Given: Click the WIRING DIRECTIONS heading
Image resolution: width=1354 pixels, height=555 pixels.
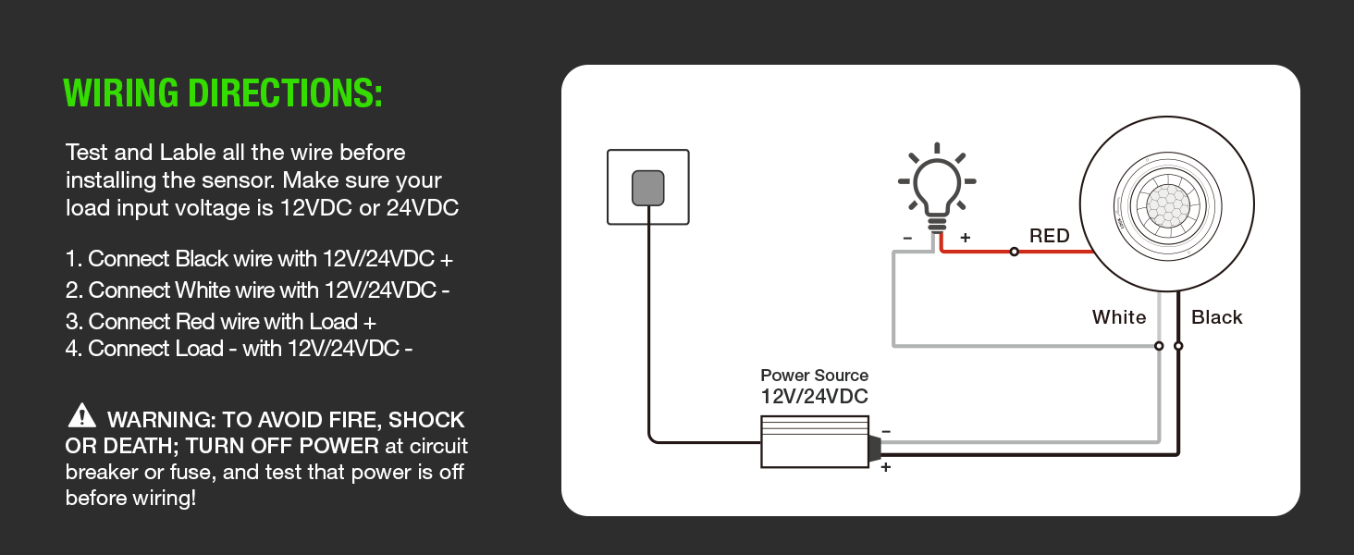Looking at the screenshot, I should tap(222, 93).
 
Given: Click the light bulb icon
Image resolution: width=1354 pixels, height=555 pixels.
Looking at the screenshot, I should tap(936, 186).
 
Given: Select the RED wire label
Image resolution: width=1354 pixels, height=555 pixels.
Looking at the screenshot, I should tap(1049, 236).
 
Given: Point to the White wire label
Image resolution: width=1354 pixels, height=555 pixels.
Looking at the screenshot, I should tap(1118, 317).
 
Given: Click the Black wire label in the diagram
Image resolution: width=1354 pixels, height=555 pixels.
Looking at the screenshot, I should tap(1216, 317).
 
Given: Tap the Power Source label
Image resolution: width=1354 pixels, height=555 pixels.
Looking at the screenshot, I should tap(814, 376).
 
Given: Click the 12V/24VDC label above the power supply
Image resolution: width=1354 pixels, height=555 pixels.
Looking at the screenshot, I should tap(814, 397).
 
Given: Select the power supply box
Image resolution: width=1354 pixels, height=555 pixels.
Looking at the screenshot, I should tap(814, 441).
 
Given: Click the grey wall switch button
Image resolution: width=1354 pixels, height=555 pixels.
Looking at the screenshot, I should tap(648, 188).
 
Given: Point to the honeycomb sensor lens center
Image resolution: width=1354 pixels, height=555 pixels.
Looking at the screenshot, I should tap(1167, 203).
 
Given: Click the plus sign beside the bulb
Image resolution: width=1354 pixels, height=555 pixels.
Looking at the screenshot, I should tap(965, 238).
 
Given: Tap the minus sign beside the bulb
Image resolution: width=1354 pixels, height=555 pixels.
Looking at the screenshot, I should tap(907, 238).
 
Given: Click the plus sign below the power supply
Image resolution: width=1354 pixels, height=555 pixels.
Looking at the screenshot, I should tap(885, 468).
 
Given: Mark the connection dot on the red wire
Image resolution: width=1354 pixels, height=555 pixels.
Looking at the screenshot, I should tap(1014, 252).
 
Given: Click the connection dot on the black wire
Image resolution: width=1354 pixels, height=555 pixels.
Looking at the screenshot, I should tap(1178, 346).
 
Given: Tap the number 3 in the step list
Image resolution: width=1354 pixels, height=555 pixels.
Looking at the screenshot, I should tap(71, 322).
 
